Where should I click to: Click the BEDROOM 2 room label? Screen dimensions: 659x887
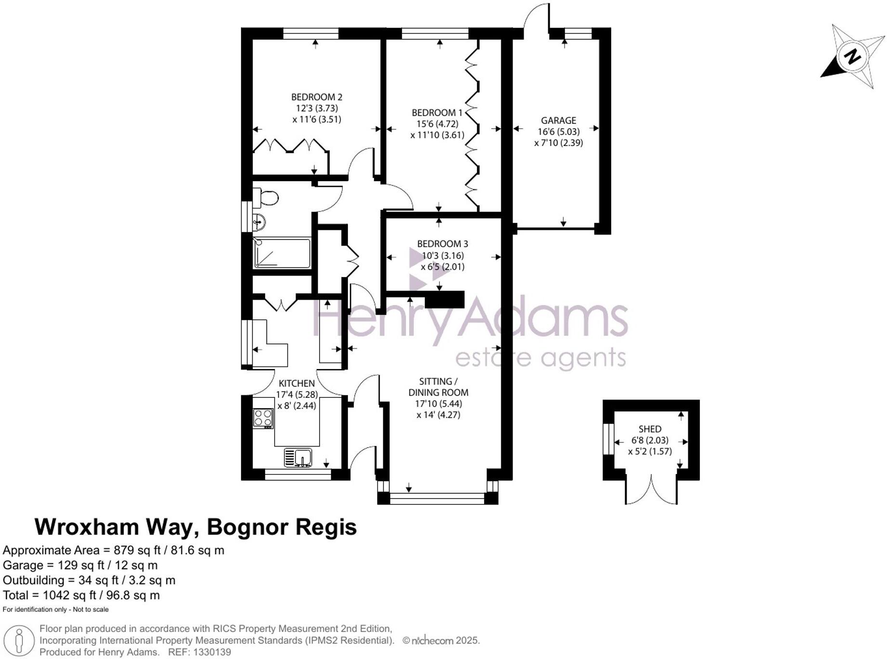point(317,97)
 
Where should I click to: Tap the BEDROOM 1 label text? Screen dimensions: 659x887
point(437,113)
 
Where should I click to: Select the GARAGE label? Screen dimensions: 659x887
point(558,120)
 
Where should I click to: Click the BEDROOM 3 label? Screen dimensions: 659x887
point(442,244)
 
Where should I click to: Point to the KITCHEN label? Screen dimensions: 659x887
point(296,383)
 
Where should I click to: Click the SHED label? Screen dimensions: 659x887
point(650,429)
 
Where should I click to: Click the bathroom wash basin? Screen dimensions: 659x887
point(258,222)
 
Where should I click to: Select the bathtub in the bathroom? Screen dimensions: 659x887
point(282,252)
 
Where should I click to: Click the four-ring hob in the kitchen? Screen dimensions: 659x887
point(263,418)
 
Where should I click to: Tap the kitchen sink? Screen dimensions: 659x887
point(298,457)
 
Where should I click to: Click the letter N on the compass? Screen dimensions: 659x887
point(853,56)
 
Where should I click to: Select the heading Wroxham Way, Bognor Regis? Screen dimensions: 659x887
point(195,527)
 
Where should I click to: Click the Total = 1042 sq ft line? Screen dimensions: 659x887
point(81,595)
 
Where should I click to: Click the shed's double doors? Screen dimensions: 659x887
point(651,489)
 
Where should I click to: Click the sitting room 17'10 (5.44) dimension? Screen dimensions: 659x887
point(438,404)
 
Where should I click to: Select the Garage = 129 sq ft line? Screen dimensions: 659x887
point(80,565)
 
